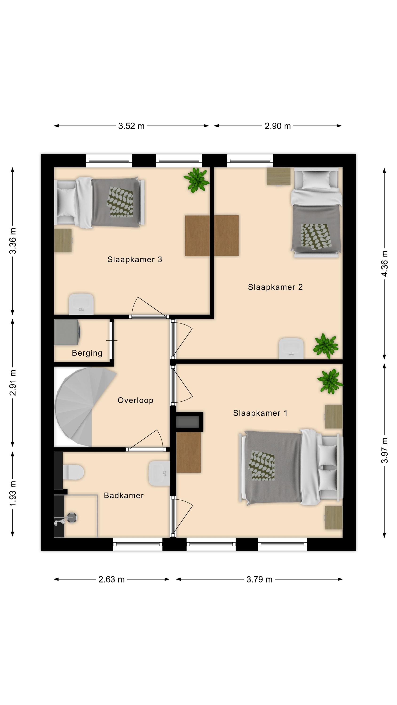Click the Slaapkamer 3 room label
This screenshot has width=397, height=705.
pyautogui.click(x=135, y=259)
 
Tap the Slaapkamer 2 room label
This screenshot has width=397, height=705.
pyautogui.click(x=275, y=287)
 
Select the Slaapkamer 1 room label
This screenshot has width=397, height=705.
pyautogui.click(x=260, y=413)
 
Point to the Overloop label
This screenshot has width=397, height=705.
pyautogui.click(x=135, y=401)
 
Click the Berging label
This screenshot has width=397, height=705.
pyautogui.click(x=87, y=353)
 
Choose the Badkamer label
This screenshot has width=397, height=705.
pyautogui.click(x=124, y=496)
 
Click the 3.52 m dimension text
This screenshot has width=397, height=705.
pyautogui.click(x=131, y=126)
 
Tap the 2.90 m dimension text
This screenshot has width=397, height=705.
pyautogui.click(x=278, y=126)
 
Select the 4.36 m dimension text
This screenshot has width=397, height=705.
pyautogui.click(x=385, y=264)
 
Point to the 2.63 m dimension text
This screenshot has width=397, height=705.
pyautogui.click(x=111, y=579)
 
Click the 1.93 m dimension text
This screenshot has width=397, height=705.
pyautogui.click(x=13, y=493)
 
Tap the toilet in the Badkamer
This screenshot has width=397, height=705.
pyautogui.click(x=73, y=472)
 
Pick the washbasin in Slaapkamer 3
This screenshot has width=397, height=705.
pyautogui.click(x=81, y=304)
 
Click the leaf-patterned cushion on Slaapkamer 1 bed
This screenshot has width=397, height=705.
pyautogui.click(x=262, y=466)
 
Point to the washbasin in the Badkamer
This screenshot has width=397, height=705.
pyautogui.click(x=159, y=473)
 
